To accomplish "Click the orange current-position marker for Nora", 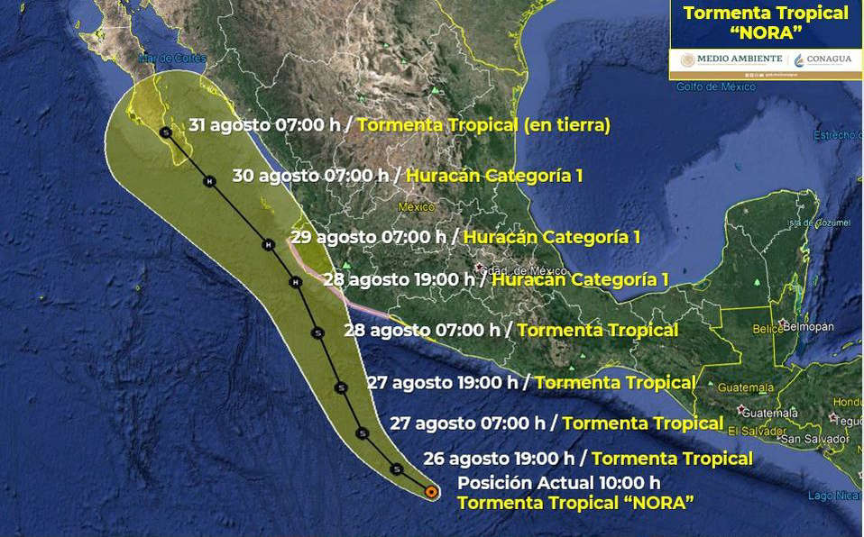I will coord(431,492).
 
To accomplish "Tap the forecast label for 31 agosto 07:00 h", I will coord(400,124).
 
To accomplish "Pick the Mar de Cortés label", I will coord(160,61).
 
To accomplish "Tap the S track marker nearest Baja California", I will coord(165,132).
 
